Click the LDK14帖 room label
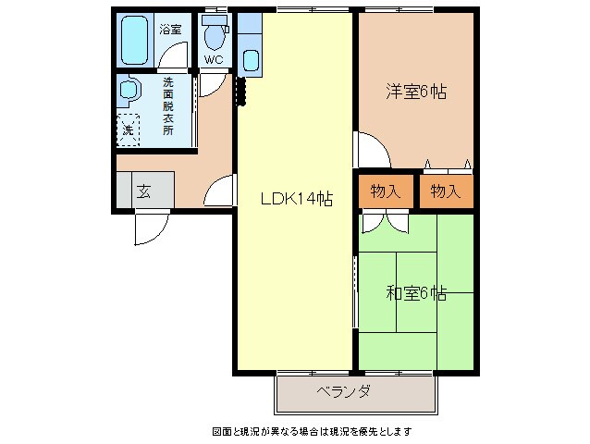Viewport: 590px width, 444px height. [296, 197]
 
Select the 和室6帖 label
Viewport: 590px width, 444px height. [416, 293]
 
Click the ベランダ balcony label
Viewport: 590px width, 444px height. [343, 391]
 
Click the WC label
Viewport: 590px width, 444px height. [215, 60]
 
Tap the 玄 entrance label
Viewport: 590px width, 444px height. [144, 191]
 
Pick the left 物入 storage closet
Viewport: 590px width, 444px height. [385, 191]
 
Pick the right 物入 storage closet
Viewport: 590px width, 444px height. [445, 191]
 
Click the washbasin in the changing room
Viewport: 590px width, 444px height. [128, 91]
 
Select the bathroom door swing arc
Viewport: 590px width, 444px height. [172, 59]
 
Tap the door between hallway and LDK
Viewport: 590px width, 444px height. [222, 191]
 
